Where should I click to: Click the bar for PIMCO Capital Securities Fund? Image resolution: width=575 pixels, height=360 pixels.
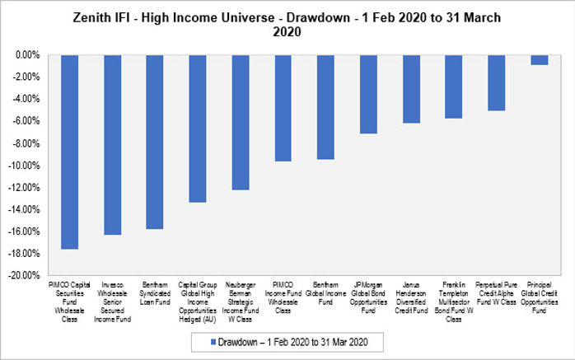click(x=69, y=152)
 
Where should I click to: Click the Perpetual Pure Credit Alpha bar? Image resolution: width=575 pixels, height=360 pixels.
click(x=497, y=82)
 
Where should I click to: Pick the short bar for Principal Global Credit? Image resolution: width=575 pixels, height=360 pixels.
click(x=540, y=60)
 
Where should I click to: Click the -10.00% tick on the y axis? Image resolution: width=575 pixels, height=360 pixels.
click(x=25, y=165)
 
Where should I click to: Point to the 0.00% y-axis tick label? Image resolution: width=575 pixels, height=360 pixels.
click(x=27, y=55)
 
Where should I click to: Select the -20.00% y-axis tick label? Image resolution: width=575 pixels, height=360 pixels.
click(x=25, y=275)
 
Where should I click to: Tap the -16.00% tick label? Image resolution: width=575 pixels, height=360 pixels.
click(x=25, y=231)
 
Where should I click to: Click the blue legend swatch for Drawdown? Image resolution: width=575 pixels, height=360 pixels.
click(x=214, y=340)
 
